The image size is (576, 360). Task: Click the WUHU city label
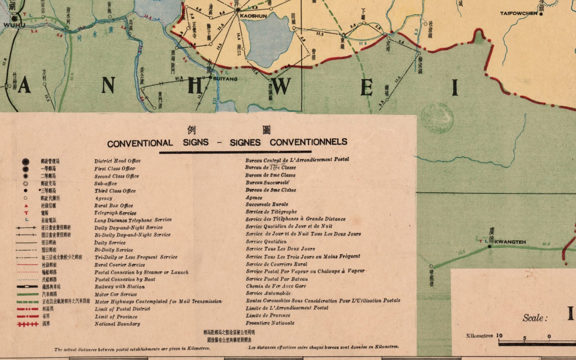tap(14, 25)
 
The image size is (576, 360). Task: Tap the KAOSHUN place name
tap(253, 16)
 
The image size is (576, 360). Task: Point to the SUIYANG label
tap(225, 79)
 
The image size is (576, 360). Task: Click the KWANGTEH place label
tap(510, 242)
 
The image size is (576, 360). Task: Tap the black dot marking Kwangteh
tap(490, 247)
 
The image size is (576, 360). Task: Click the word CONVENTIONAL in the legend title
tap(140, 143)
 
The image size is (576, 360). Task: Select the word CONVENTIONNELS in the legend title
tap(309, 142)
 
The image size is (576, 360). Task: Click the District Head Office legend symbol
tap(26, 161)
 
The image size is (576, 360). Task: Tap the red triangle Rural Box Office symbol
tap(26, 206)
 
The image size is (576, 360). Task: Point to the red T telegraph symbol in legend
tap(26, 213)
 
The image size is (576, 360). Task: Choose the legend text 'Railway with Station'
tap(120, 287)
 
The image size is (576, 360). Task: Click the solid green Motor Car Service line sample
tap(27, 294)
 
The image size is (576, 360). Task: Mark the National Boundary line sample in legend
tap(27, 324)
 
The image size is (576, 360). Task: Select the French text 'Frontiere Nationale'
tap(270, 323)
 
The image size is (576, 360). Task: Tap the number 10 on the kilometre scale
tap(499, 336)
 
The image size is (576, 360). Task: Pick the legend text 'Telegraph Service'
tap(115, 213)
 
